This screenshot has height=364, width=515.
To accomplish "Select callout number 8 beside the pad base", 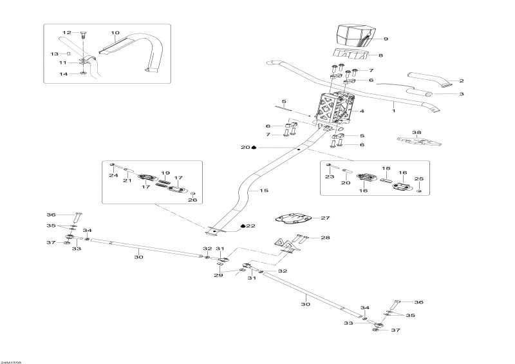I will pos(380,56).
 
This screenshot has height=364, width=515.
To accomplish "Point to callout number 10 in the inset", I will pos(115,32).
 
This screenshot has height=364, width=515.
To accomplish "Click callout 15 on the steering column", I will pos(263,191).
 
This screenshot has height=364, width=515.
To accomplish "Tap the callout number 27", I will pos(325,218).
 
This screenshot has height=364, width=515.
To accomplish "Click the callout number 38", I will pos(417,133).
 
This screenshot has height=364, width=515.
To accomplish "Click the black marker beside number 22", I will pos(243,226).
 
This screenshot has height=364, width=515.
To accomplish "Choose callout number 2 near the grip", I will pos(461,81).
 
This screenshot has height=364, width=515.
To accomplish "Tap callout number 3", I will pos(461,94).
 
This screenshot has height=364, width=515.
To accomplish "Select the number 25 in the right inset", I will pos(419,178).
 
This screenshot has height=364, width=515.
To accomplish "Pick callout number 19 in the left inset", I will pos(165,173).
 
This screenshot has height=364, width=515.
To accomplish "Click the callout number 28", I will pos(325,238).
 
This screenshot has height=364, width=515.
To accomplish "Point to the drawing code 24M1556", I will pos(11,361).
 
